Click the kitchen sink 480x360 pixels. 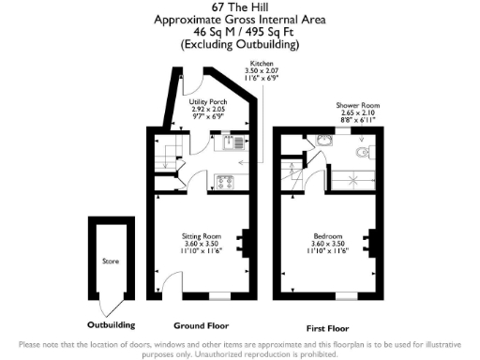[x=233, y=142]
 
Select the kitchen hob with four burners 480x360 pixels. [x=225, y=181]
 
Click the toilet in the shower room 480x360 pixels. [x=366, y=152]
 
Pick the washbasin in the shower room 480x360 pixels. [x=324, y=141]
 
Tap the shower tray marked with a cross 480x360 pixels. [x=354, y=176]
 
